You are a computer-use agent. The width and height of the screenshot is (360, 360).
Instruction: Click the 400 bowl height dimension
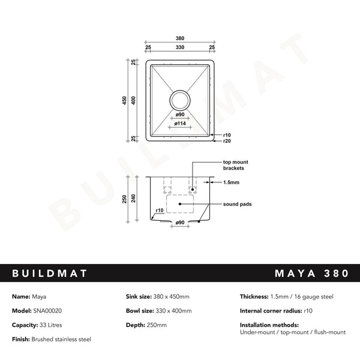134,100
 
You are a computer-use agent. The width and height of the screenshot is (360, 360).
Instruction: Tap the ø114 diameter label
180,123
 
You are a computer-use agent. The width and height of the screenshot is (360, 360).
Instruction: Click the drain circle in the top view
180,100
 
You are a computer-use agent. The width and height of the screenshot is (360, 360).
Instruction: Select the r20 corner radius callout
227,141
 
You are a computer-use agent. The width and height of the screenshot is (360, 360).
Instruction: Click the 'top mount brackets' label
236,166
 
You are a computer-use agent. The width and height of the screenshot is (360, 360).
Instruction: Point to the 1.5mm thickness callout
231,182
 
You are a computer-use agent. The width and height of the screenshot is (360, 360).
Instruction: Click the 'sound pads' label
237,204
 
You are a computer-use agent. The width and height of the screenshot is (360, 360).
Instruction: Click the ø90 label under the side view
179,223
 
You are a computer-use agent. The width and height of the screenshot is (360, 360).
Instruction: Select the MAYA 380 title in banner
311,274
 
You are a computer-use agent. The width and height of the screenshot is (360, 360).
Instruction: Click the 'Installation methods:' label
267,325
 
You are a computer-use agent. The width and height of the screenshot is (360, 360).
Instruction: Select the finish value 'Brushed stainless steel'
61,339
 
